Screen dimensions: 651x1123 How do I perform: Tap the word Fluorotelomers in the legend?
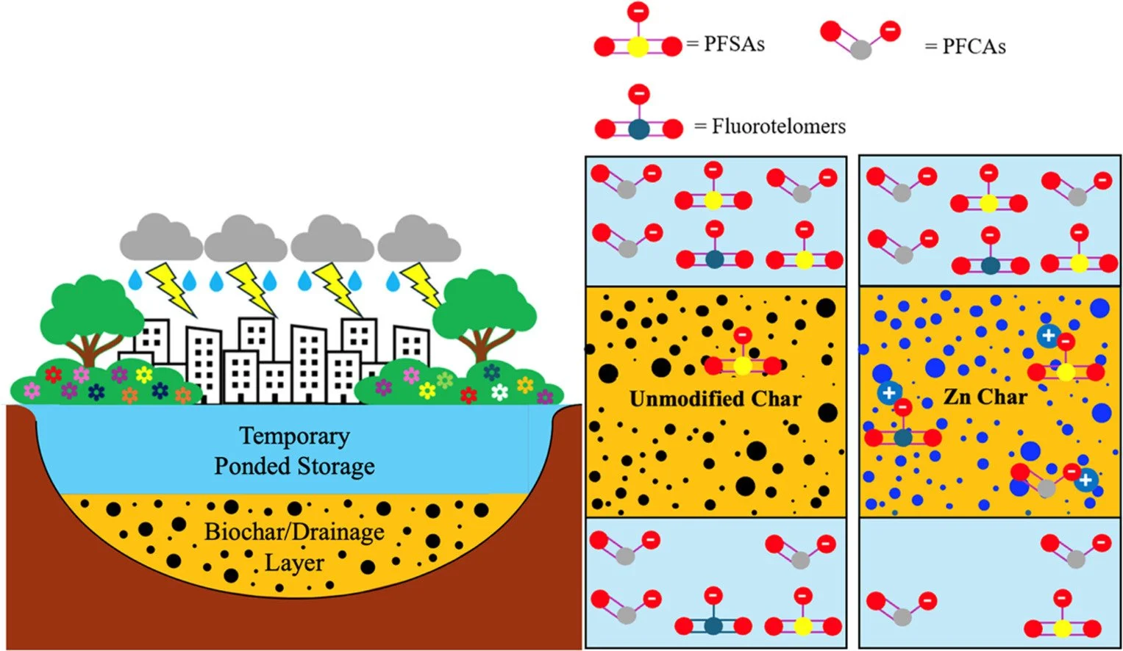(x=778, y=126)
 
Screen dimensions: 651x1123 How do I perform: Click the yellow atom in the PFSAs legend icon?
(x=638, y=46)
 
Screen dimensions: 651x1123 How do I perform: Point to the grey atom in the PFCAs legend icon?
(x=860, y=49)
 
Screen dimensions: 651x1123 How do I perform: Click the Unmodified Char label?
(x=715, y=399)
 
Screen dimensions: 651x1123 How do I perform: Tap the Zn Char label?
(x=985, y=398)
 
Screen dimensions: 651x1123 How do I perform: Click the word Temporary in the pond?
(x=294, y=436)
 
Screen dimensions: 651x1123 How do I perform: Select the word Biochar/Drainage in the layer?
(x=294, y=531)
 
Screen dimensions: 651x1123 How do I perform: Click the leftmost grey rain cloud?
(x=161, y=238)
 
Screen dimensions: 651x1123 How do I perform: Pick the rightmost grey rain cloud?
(x=419, y=240)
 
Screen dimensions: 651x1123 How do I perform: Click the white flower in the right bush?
(x=499, y=392)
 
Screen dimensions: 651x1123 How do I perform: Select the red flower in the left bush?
(x=53, y=375)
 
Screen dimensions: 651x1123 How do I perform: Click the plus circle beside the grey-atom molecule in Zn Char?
(x=1085, y=481)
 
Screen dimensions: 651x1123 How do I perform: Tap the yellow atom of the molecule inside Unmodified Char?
(x=743, y=365)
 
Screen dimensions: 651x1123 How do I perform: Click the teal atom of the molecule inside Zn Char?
(x=902, y=438)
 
